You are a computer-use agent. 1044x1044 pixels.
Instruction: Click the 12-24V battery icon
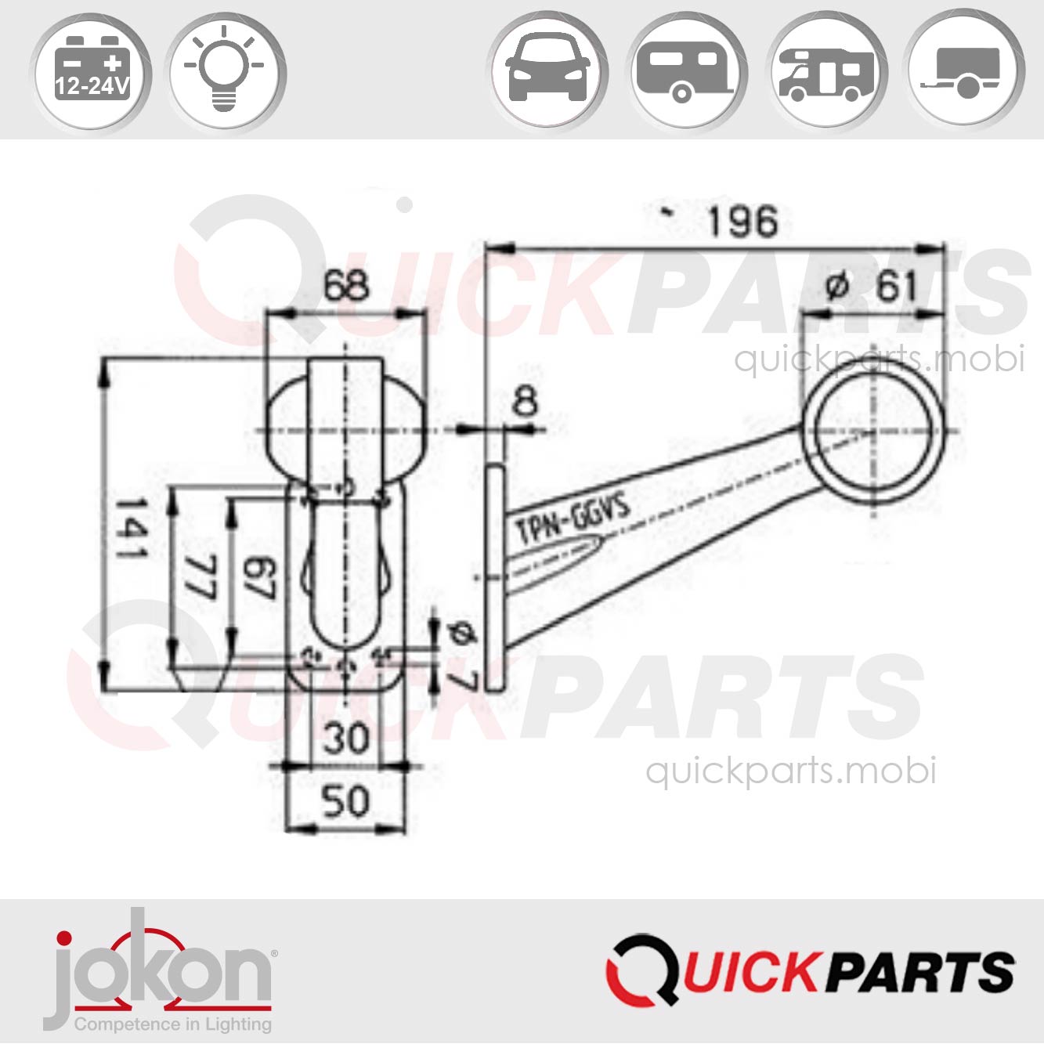(x=90, y=74)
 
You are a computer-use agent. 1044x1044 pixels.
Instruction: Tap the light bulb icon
(x=227, y=74)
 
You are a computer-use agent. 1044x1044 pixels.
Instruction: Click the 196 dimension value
(x=742, y=222)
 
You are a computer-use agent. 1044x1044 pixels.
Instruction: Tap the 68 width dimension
(x=346, y=286)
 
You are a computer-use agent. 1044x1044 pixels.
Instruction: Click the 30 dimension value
(x=346, y=738)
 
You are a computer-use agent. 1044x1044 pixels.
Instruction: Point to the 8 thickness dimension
(x=524, y=402)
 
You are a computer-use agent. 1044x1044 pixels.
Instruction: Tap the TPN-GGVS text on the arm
(x=573, y=519)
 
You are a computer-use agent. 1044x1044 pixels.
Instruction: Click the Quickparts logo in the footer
(x=810, y=970)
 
